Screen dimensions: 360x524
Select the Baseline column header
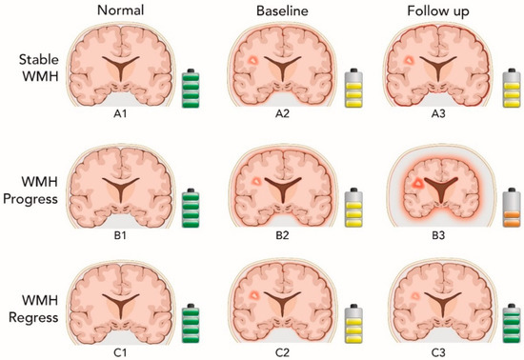(x=278, y=12)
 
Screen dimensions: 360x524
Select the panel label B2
(x=278, y=240)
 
